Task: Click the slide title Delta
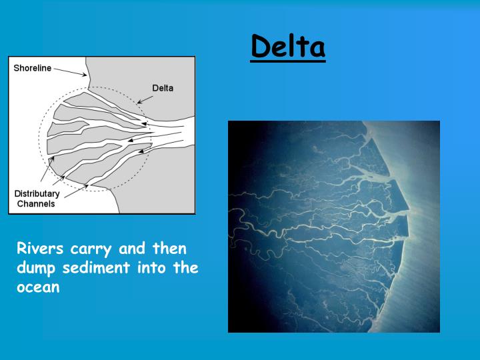(x=288, y=47)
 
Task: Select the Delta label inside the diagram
(x=163, y=87)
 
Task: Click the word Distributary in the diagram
(x=37, y=194)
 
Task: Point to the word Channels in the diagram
(x=36, y=203)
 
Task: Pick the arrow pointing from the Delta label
(x=145, y=98)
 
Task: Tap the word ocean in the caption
(x=38, y=289)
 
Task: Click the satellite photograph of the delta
(x=333, y=227)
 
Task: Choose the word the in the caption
(x=186, y=269)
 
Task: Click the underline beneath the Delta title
(x=288, y=61)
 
